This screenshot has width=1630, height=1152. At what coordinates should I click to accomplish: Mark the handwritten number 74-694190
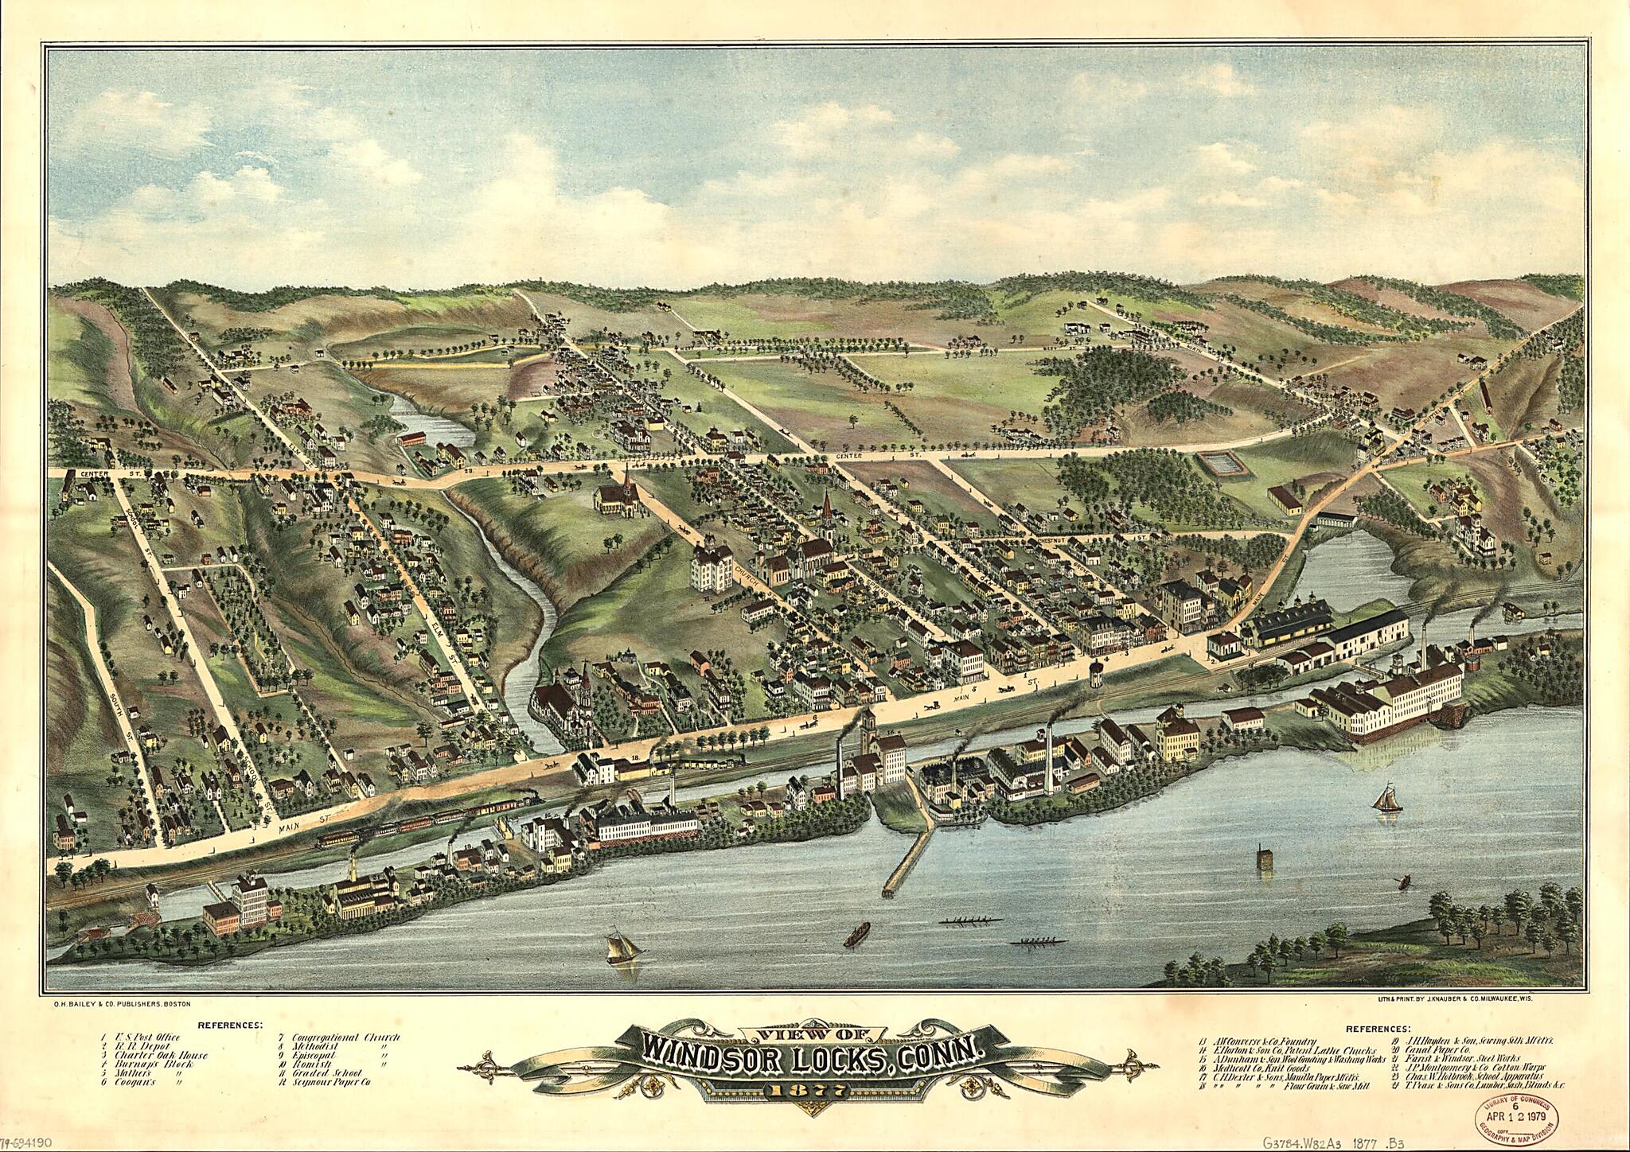coord(27,1141)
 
